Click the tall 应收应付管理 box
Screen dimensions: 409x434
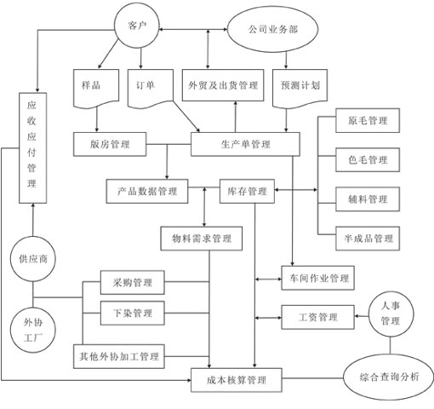[x=31, y=148]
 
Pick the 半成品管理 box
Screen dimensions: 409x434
[x=368, y=238]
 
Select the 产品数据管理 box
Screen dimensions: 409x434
[x=147, y=191]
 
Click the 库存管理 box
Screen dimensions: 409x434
[x=247, y=191]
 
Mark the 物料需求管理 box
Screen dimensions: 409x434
[x=201, y=238]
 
